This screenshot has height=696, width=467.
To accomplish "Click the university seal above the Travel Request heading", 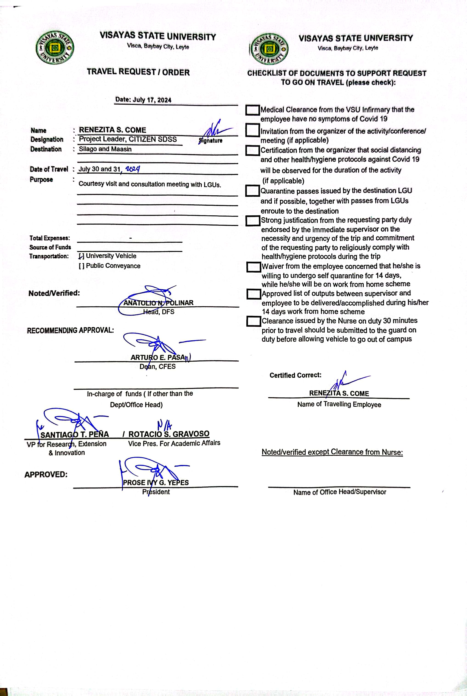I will [55, 48].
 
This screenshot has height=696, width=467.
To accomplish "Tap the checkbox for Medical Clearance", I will [252, 110].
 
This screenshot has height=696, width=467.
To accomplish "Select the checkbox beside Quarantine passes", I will [252, 191].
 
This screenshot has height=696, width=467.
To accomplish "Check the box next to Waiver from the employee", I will [253, 267].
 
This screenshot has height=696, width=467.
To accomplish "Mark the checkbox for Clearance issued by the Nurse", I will [253, 321].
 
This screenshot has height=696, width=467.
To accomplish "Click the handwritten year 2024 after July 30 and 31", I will [132, 169].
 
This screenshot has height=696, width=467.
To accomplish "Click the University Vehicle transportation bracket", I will [81, 256].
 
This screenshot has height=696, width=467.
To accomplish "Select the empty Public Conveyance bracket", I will [81, 266].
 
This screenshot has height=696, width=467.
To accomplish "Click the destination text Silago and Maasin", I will [105, 149].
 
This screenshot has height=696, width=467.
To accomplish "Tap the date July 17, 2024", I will [143, 100].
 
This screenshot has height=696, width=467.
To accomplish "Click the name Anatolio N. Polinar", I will [158, 303].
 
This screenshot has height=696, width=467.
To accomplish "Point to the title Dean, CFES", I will [158, 367].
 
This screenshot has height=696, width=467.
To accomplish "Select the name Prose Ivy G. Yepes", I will [156, 482].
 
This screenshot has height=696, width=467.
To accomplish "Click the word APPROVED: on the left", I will [46, 474].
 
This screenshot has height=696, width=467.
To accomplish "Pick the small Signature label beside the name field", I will [211, 141].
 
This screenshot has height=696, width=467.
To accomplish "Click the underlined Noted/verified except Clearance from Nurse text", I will [332, 452].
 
